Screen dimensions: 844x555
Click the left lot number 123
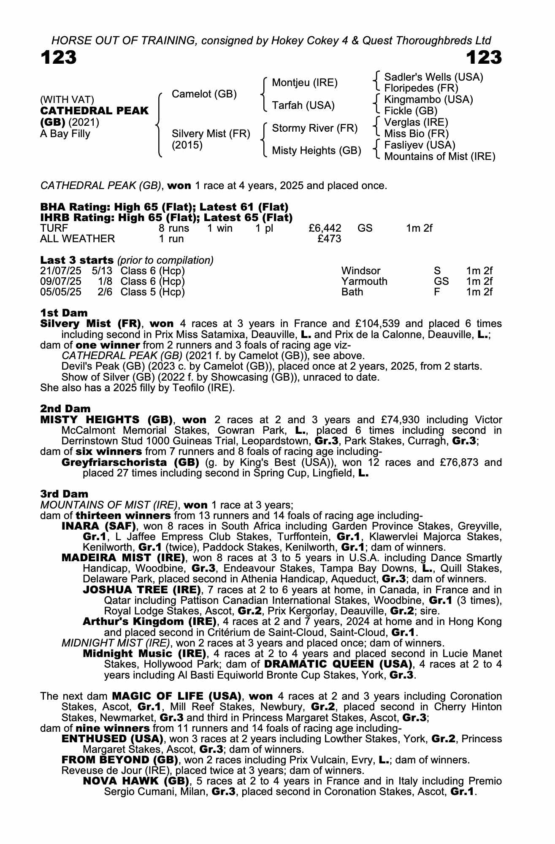tap(59, 58)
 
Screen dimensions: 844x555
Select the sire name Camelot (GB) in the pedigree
tap(204, 94)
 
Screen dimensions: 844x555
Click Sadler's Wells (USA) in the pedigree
tap(433, 77)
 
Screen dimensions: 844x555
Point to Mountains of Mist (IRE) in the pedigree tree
tap(439, 157)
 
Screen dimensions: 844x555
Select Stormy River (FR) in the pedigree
tap(314, 128)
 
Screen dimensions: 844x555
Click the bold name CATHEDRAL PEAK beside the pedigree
tap(95, 111)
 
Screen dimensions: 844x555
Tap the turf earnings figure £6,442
tap(325, 228)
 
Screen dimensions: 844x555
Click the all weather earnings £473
tap(329, 239)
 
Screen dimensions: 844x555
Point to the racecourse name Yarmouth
tap(364, 281)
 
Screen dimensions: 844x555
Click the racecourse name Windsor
tap(361, 271)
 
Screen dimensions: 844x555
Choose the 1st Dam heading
tap(64, 313)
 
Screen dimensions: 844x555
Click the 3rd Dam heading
tap(64, 494)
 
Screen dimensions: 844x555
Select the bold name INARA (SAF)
tap(98, 526)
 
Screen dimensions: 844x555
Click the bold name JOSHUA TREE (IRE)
tap(141, 590)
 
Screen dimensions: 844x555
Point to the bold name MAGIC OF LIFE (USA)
tap(177, 696)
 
